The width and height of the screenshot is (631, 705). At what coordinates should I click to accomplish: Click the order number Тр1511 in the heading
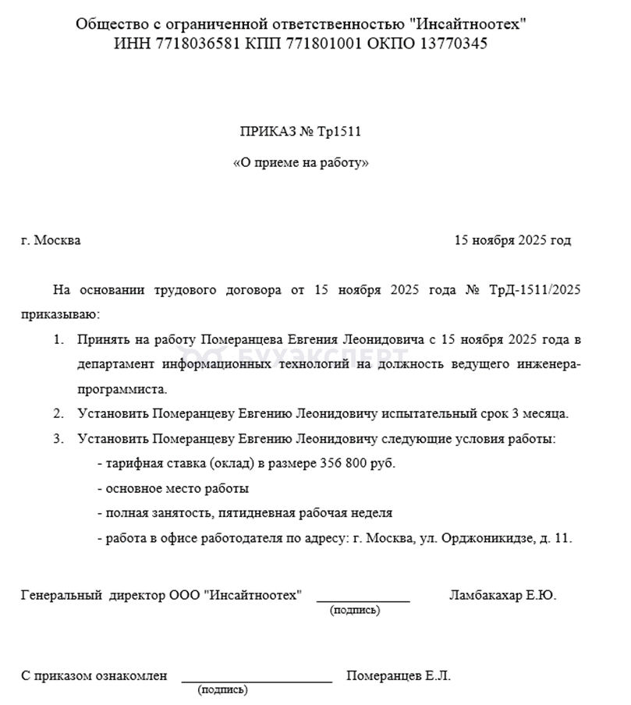coord(339,132)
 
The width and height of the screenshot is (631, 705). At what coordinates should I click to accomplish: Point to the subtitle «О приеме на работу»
coord(301,164)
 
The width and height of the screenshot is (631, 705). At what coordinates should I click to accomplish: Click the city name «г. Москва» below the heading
coord(51,240)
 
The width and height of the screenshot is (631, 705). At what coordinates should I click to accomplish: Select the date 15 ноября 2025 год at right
coord(512,240)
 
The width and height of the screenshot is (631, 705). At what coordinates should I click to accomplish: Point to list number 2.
coord(58,413)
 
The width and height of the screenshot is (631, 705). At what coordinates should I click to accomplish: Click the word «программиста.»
coord(122,388)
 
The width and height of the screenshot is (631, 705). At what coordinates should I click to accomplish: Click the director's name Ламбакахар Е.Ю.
coord(502,595)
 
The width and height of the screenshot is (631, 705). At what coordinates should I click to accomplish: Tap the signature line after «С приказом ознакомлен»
coord(257,680)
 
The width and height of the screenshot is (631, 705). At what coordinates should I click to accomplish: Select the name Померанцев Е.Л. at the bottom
coord(398,675)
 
